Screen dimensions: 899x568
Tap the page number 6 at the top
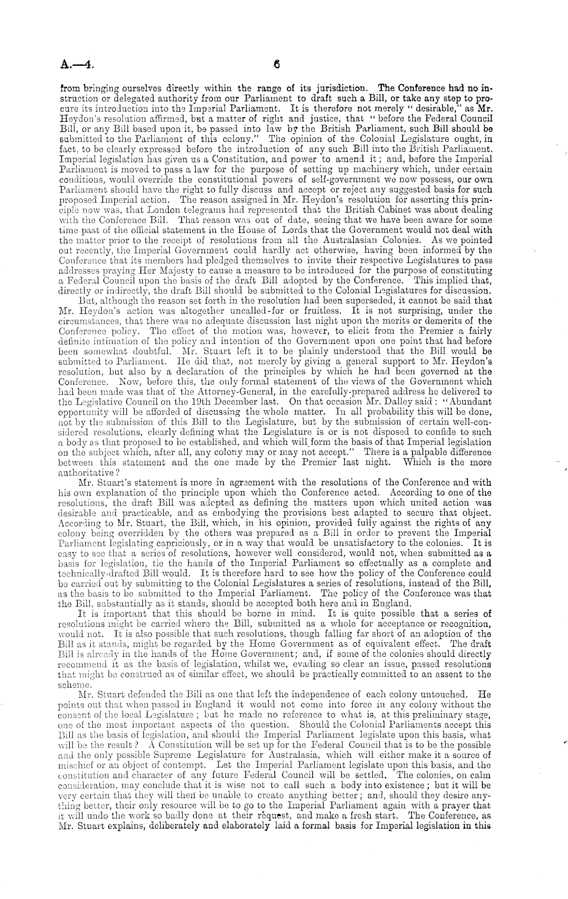click(277, 65)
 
